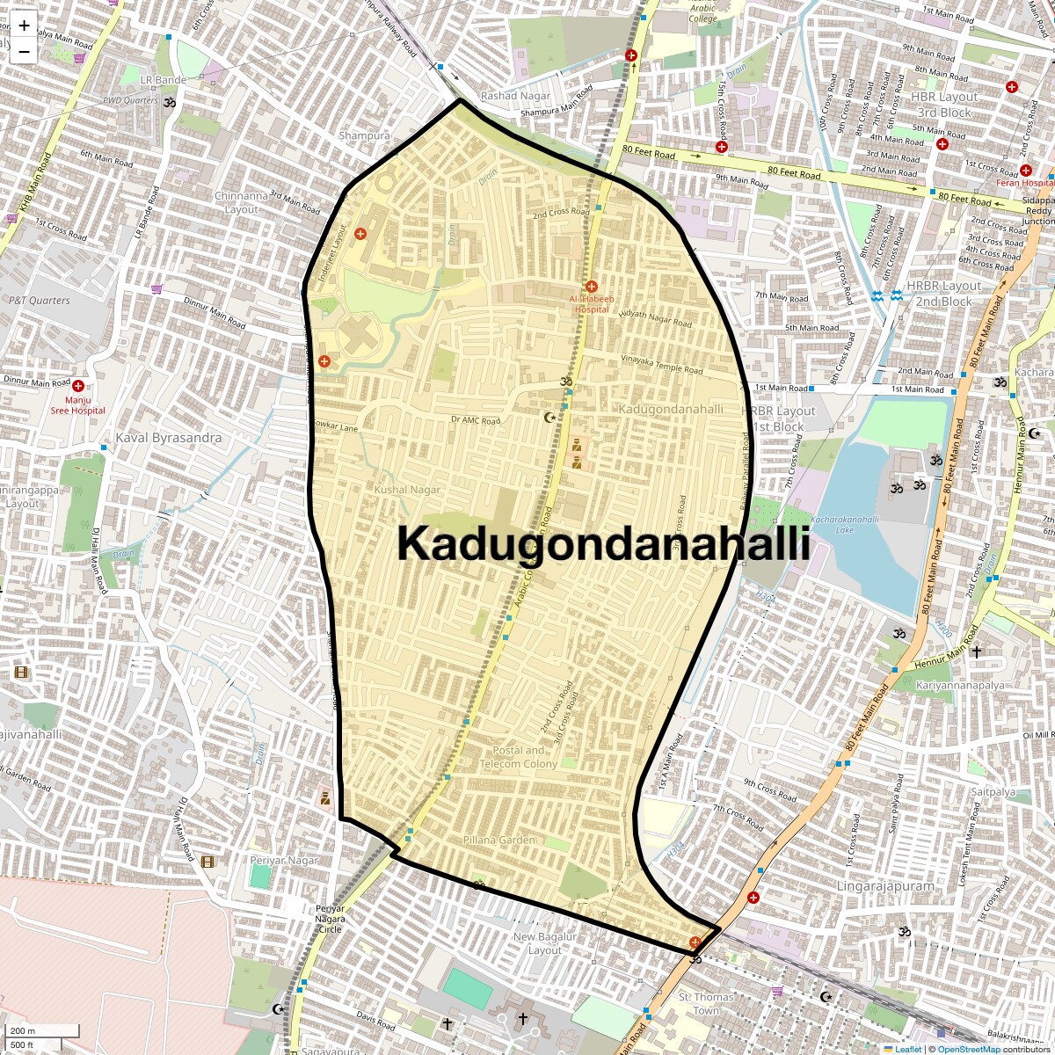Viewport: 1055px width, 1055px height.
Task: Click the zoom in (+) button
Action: [x=24, y=25]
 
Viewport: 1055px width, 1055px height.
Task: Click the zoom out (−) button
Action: [x=24, y=52]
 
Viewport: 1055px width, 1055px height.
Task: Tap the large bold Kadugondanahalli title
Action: [x=603, y=543]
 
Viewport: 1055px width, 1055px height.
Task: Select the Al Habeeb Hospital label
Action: [x=591, y=303]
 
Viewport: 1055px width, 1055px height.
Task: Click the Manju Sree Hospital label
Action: [x=77, y=405]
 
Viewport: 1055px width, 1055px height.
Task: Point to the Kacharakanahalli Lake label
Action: [x=845, y=524]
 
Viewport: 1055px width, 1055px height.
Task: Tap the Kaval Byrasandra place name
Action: [x=169, y=438]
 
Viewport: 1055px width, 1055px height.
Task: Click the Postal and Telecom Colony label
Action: [x=519, y=757]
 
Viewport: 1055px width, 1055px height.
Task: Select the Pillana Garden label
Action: [x=499, y=840]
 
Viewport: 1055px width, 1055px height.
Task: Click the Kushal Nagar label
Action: [x=407, y=490]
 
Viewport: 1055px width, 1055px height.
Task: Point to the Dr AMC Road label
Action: [x=476, y=420]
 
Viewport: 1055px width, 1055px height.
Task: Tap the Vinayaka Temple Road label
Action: [x=662, y=364]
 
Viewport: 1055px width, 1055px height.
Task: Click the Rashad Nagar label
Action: [x=515, y=96]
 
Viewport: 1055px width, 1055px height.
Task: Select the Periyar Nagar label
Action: [x=283, y=860]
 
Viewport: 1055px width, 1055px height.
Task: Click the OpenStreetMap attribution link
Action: [x=968, y=1049]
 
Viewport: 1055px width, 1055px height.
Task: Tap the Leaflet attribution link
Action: [x=908, y=1049]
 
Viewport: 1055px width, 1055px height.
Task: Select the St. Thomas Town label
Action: [x=706, y=1003]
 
